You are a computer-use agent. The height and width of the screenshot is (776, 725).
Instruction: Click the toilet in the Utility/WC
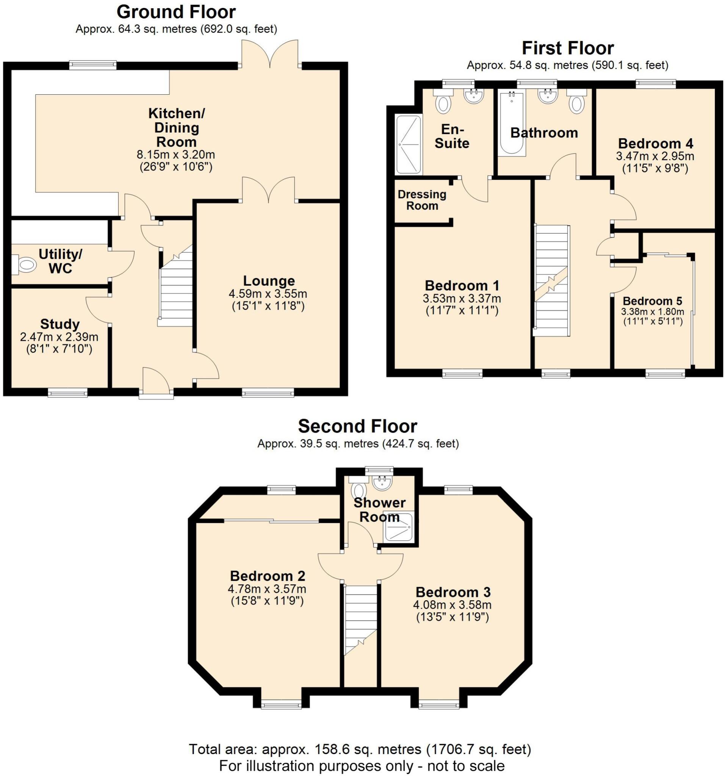24,264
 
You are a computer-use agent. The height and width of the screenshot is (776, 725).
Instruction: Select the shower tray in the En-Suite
409,144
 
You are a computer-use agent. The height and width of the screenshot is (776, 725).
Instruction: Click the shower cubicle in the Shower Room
398,527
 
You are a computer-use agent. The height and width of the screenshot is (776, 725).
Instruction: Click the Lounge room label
269,281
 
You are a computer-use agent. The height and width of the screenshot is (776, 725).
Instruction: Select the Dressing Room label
422,200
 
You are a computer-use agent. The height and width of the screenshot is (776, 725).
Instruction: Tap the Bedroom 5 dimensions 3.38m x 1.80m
652,311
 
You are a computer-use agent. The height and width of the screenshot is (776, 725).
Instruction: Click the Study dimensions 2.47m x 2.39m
59,336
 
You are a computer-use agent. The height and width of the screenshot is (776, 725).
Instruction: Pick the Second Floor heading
357,426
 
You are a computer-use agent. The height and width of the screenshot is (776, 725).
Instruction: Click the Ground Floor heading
176,12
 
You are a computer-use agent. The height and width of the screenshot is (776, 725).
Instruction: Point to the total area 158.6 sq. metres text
359,749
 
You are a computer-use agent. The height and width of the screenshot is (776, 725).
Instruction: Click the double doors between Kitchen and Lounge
268,190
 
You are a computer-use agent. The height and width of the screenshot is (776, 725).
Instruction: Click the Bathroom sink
547,95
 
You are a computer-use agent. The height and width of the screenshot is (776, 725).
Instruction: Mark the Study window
67,392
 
